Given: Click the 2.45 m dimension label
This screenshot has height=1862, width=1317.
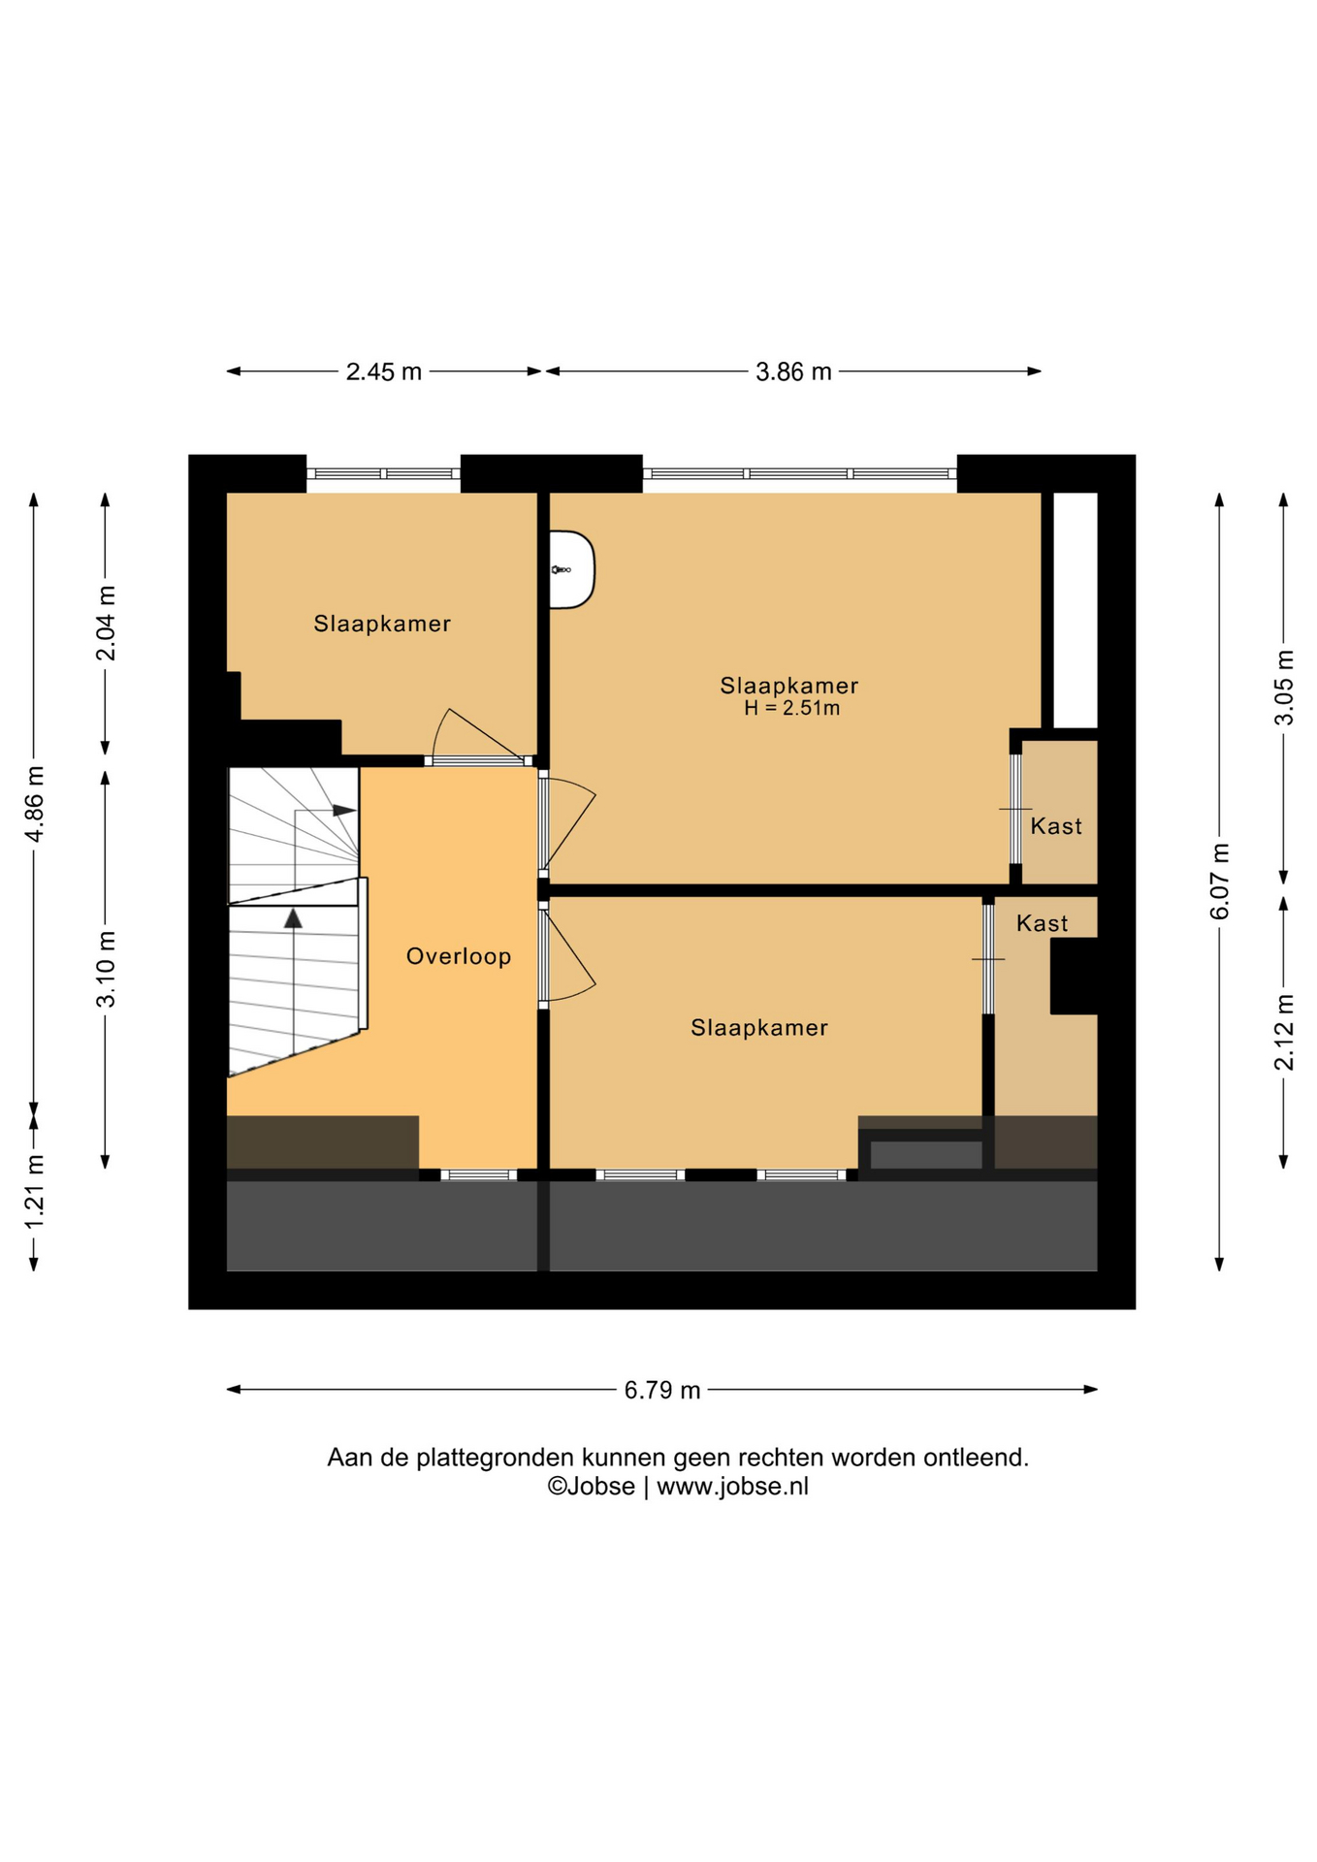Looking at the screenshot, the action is pyautogui.click(x=384, y=371).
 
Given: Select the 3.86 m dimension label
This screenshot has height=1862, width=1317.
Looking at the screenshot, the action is pyautogui.click(x=793, y=371).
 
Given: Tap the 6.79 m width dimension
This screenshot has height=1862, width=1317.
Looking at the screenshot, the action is pyautogui.click(x=662, y=1390).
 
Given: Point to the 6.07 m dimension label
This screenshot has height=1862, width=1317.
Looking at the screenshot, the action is pyautogui.click(x=1220, y=882).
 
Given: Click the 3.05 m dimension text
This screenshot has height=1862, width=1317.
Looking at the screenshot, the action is pyautogui.click(x=1284, y=688).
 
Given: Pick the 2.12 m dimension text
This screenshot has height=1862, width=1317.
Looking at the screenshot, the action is pyautogui.click(x=1284, y=1033).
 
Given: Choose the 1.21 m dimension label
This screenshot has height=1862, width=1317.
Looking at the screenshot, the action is pyautogui.click(x=35, y=1192).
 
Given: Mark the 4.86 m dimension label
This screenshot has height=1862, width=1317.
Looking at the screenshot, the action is pyautogui.click(x=35, y=804).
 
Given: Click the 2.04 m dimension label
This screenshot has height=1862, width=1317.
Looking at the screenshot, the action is pyautogui.click(x=106, y=624).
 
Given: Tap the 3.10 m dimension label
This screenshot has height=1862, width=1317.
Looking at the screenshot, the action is pyautogui.click(x=106, y=969).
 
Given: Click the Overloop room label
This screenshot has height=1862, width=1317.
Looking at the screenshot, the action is pyautogui.click(x=459, y=956).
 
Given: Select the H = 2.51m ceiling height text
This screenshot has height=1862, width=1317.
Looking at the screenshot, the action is pyautogui.click(x=792, y=708).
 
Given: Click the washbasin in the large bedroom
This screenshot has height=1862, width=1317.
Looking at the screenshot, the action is pyautogui.click(x=572, y=570).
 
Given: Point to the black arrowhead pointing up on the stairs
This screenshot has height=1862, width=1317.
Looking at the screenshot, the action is pyautogui.click(x=293, y=917).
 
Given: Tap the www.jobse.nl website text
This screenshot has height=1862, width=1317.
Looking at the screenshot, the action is pyautogui.click(x=732, y=1487).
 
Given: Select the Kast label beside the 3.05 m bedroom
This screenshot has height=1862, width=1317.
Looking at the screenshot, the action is pyautogui.click(x=1056, y=826).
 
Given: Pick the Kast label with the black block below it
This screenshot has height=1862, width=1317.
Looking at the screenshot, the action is pyautogui.click(x=1043, y=923).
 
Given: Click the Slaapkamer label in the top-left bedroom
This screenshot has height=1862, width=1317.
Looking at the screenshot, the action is pyautogui.click(x=382, y=624).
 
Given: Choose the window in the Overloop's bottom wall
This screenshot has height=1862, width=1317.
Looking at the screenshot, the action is pyautogui.click(x=479, y=1175).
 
